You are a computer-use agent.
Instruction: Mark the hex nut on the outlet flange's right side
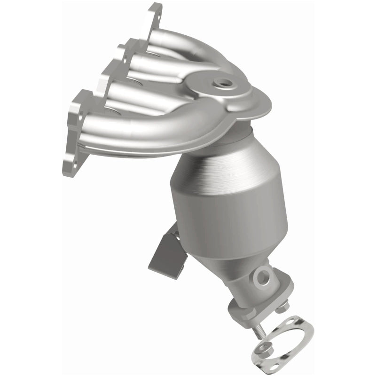point(282,308)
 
